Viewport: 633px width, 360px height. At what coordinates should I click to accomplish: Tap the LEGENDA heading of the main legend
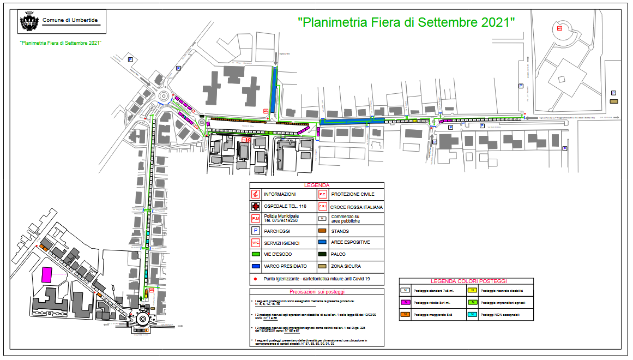click(317, 185)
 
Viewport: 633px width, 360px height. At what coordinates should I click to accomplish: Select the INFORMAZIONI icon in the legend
click(255, 194)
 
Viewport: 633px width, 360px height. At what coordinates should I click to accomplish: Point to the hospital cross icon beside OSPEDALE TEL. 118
click(255, 207)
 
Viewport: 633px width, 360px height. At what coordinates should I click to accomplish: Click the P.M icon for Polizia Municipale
click(255, 219)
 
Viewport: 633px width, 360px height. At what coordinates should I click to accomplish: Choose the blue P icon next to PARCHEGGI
click(255, 231)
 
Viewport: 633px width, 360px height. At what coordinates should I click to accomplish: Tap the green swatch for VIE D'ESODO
click(255, 254)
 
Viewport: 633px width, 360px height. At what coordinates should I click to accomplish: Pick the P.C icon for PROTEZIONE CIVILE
click(322, 194)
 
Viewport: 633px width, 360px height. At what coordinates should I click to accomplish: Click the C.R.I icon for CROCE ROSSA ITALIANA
click(322, 207)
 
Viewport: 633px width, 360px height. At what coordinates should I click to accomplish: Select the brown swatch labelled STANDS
click(322, 231)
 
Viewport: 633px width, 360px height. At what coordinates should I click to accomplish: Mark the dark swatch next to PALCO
click(322, 254)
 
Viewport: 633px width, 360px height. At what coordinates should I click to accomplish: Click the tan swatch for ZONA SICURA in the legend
click(322, 266)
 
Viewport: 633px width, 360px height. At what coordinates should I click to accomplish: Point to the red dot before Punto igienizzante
click(255, 279)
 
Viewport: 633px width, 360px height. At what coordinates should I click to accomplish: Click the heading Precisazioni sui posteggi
click(317, 292)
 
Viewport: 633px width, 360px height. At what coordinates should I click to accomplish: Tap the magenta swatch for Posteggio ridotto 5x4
click(406, 302)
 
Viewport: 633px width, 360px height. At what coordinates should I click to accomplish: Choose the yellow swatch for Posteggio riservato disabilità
click(473, 291)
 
